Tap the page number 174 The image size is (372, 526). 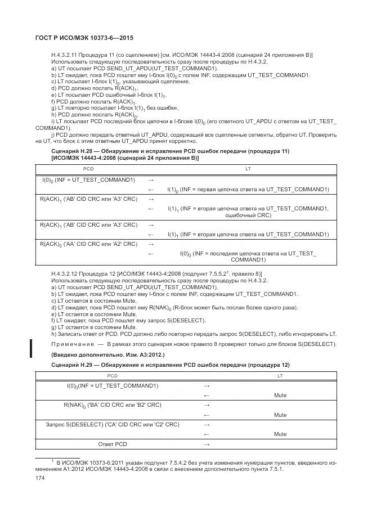pos(41,478)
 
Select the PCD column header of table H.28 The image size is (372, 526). pos(89,168)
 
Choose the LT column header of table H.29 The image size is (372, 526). pos(280,375)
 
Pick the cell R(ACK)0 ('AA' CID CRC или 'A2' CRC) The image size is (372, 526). pos(88,244)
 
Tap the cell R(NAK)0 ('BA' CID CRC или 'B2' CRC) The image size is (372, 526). pos(112,404)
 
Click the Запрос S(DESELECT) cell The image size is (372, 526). pos(112,424)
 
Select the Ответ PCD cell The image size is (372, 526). pos(113,444)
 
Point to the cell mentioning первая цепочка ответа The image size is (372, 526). pos(248,190)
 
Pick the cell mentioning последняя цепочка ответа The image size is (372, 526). pos(248,257)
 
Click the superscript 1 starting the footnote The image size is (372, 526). pos(52,461)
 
